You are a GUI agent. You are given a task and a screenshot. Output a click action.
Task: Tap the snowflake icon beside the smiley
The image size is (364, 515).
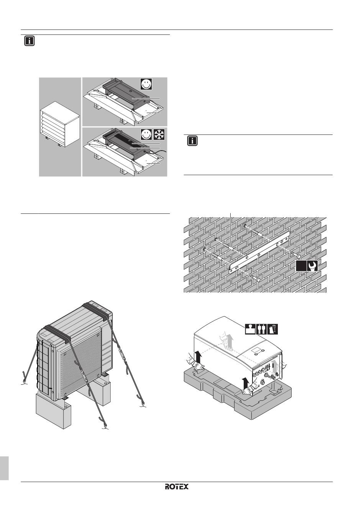coord(159,135)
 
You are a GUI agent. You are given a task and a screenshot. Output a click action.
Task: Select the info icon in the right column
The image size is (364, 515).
coord(192,141)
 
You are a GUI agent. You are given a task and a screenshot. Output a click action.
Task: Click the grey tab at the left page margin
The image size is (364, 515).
coord(4,467)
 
